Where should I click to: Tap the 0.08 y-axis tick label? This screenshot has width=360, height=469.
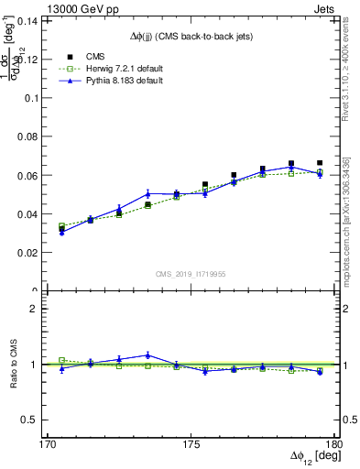(39, 136)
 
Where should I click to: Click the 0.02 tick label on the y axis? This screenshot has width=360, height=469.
(39, 252)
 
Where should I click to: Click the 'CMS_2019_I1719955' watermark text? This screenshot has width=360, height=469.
(191, 274)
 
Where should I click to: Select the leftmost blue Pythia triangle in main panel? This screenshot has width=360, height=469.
(61, 233)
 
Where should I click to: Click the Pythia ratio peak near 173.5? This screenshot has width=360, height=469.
(147, 354)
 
